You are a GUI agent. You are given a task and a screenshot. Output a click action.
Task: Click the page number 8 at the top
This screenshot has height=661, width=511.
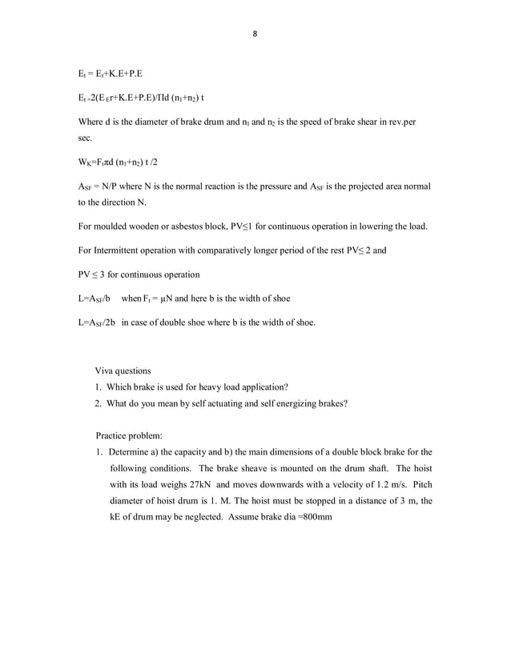(x=255, y=34)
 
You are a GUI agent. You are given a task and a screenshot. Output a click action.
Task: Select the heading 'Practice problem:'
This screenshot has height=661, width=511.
(x=129, y=436)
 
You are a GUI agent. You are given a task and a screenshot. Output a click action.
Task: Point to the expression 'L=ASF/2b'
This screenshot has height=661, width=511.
(x=92, y=323)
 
